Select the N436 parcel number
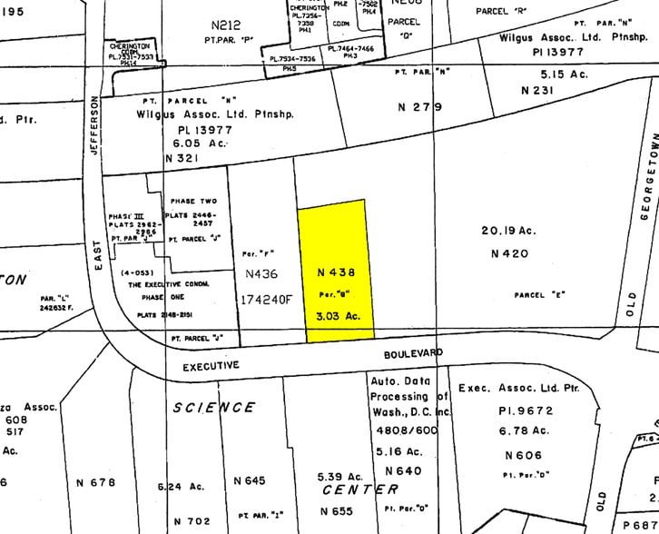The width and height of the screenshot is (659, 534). click(x=262, y=272)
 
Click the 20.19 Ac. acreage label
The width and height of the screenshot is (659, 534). click(x=507, y=231)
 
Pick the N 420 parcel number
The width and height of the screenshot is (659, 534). click(x=509, y=254)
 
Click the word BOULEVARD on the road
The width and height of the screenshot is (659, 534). click(x=412, y=351)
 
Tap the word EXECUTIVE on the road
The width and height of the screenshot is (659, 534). click(x=211, y=365)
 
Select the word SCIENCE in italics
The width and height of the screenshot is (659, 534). click(x=214, y=408)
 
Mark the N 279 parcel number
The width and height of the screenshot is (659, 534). click(x=420, y=107)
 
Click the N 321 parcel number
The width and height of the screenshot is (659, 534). click(x=181, y=158)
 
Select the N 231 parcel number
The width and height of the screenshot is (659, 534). click(x=537, y=91)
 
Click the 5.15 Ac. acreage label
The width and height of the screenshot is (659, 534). click(x=564, y=74)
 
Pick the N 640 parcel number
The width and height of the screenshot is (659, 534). click(x=403, y=470)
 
